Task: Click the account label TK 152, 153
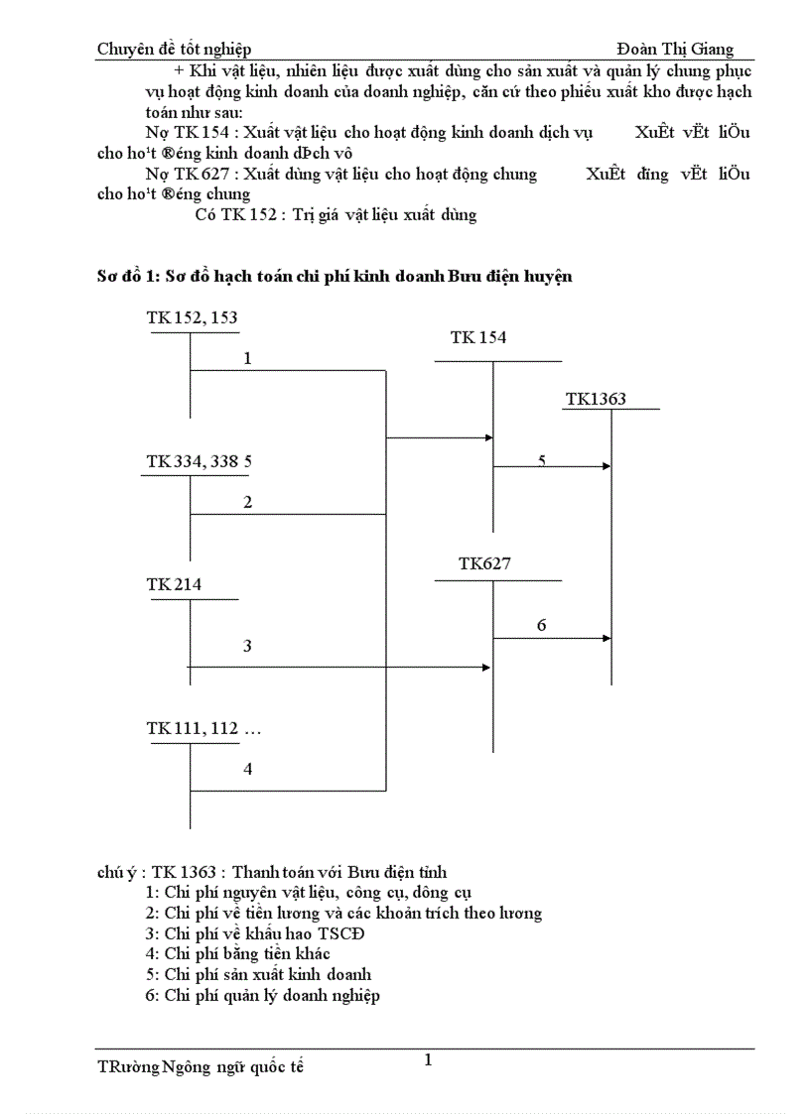(192, 317)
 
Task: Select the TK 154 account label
(477, 337)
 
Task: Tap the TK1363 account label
(596, 400)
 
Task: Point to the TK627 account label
(484, 563)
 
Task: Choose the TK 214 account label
(174, 584)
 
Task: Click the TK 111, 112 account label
(203, 729)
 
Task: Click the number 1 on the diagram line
(247, 358)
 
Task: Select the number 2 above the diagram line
(247, 502)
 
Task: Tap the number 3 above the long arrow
(247, 646)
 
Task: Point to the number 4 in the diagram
(247, 768)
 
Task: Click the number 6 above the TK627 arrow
(541, 625)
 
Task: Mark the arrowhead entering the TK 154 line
(488, 436)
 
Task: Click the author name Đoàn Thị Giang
(675, 50)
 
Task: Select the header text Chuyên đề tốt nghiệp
(174, 50)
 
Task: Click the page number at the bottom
(428, 1060)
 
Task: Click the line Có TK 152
(335, 214)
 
